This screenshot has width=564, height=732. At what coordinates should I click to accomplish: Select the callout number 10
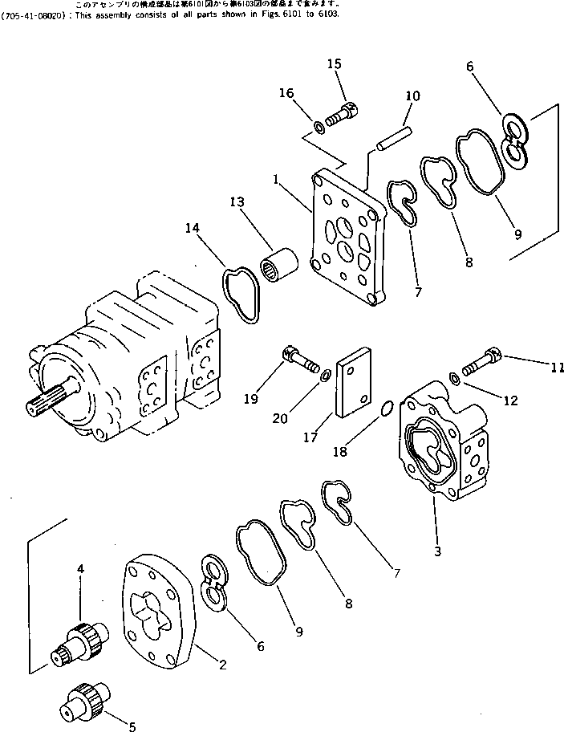(412, 96)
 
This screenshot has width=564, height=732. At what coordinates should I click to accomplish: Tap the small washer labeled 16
(319, 125)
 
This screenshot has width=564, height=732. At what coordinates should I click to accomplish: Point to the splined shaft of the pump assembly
(48, 400)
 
